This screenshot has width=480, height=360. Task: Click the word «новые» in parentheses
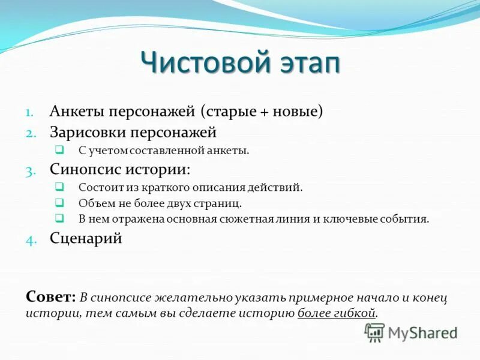coord(298,112)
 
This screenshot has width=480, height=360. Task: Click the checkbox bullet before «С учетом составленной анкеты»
coord(59,150)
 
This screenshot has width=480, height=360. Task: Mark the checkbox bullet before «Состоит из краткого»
coord(59,187)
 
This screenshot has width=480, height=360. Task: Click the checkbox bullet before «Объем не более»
coord(59,203)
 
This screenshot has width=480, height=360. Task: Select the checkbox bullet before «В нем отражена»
coord(59,218)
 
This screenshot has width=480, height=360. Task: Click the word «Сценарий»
coord(86,238)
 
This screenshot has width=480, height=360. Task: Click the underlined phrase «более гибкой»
coord(337,313)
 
